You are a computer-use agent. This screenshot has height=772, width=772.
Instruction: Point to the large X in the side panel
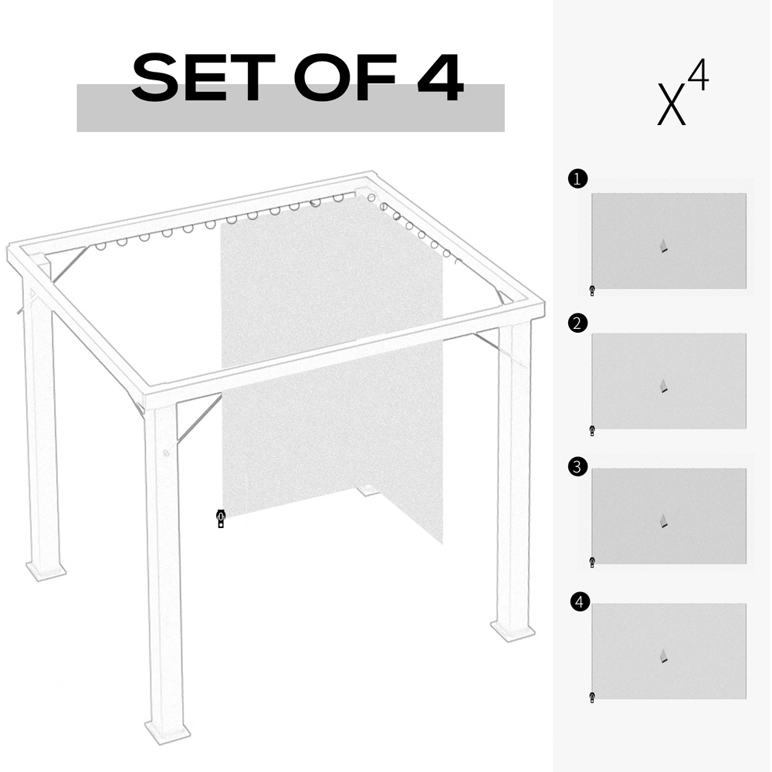click(672, 105)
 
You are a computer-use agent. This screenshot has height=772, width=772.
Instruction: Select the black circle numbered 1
click(577, 179)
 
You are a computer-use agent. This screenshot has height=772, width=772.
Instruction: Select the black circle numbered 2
click(577, 323)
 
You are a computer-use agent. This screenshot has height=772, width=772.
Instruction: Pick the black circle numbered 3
click(577, 467)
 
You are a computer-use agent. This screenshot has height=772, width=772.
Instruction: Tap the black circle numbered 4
click(580, 601)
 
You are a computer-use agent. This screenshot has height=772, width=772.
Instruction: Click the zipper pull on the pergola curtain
click(221, 519)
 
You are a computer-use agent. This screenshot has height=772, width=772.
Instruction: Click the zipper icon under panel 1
click(592, 291)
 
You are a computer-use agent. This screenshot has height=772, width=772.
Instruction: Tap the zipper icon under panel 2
click(592, 431)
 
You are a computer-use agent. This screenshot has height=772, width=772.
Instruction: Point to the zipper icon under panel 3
click(592, 562)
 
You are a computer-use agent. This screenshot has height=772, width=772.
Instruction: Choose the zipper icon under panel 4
click(592, 697)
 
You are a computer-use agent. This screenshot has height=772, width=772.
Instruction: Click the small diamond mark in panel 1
click(664, 246)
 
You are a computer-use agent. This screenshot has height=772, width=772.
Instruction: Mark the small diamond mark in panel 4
click(664, 656)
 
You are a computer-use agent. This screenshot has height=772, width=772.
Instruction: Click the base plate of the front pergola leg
click(168, 731)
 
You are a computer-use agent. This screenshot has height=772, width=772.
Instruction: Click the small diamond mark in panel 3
click(664, 521)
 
